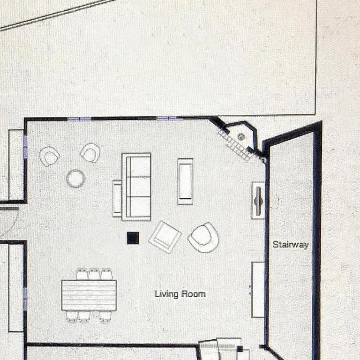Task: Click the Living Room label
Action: click(x=180, y=294)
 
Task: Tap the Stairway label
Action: click(x=291, y=245)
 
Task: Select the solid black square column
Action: click(x=133, y=238)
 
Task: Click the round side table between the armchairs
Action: click(x=75, y=179)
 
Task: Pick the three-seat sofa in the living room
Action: click(x=136, y=187)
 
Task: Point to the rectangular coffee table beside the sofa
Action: click(x=185, y=181)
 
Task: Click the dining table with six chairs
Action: click(x=89, y=295)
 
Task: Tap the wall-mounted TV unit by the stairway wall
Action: click(x=258, y=201)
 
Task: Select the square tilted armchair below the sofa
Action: click(x=165, y=237)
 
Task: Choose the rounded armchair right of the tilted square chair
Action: click(x=203, y=238)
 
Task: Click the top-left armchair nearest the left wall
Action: click(x=49, y=156)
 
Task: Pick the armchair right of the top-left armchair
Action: click(x=90, y=153)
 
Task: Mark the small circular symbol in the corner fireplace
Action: click(x=240, y=137)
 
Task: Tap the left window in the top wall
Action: click(x=79, y=119)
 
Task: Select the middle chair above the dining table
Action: click(x=94, y=274)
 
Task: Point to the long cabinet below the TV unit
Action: click(x=258, y=290)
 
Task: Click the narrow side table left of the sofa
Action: click(x=117, y=199)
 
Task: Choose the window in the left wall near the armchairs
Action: click(x=25, y=147)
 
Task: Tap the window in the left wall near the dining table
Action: click(x=25, y=299)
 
